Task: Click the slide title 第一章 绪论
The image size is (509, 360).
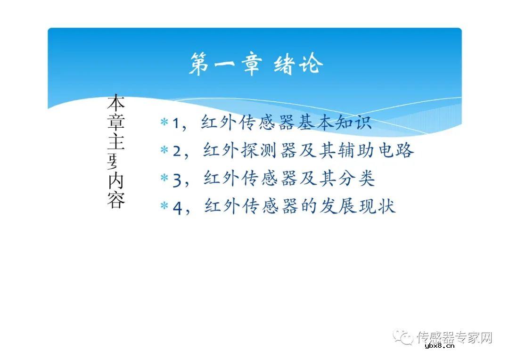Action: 256,64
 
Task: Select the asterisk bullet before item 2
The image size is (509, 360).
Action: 164,150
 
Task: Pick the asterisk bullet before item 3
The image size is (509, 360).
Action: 164,179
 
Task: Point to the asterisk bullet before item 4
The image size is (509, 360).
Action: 164,206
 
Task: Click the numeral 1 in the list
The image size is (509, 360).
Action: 176,123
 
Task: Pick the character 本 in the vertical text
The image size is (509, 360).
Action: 116,103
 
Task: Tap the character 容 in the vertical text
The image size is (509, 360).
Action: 116,200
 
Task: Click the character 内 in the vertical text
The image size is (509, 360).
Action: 116,181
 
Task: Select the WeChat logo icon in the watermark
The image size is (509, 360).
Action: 403,337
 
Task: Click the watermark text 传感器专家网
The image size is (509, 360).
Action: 454,337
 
